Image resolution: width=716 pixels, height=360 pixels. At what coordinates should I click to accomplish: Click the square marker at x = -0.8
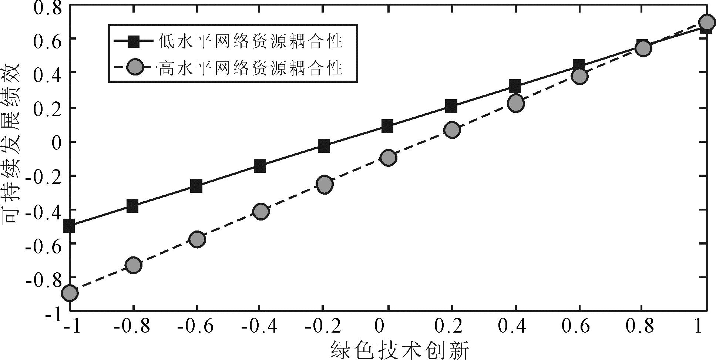click(x=132, y=205)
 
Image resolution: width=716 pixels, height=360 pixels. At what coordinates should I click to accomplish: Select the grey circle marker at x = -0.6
click(x=197, y=239)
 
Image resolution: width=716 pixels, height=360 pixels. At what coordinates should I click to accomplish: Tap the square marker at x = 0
click(x=387, y=126)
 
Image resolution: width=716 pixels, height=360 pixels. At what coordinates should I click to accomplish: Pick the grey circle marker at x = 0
click(x=388, y=158)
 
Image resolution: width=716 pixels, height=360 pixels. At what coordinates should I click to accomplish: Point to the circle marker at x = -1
click(x=70, y=293)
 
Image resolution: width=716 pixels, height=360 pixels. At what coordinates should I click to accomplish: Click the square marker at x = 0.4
click(x=515, y=87)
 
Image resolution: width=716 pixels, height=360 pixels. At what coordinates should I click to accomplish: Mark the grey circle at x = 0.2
click(x=452, y=130)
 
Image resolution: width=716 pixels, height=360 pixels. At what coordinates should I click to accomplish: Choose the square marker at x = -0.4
click(x=260, y=165)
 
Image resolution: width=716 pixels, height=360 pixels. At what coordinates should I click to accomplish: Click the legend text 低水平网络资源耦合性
click(x=251, y=41)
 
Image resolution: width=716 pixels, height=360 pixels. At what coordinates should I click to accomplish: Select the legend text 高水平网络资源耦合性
click(x=251, y=68)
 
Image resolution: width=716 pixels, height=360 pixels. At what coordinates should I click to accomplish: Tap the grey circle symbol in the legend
click(x=134, y=68)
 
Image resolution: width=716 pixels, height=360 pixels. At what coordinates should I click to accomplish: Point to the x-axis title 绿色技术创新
click(x=400, y=350)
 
